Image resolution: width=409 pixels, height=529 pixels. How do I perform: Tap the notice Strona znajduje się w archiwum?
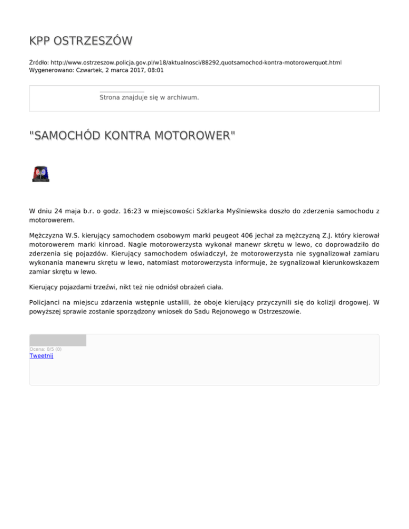[149, 98]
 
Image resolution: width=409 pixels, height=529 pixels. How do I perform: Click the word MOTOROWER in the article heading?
[187, 137]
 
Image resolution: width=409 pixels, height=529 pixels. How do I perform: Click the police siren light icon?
[40, 174]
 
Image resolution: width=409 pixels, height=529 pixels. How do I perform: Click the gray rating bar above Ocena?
[58, 340]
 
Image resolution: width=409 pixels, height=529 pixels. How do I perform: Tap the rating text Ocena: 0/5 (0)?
[45, 349]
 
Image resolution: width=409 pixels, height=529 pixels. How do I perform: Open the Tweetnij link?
[41, 356]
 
